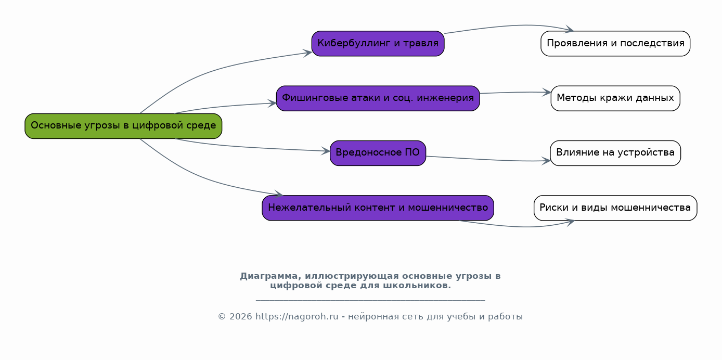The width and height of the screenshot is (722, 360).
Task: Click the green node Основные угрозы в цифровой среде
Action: (123, 126)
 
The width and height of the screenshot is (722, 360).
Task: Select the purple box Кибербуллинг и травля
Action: (378, 43)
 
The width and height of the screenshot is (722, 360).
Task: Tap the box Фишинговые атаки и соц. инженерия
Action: (378, 98)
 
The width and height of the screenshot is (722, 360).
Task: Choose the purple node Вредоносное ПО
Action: (378, 153)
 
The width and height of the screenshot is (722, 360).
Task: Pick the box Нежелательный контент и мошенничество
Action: (378, 208)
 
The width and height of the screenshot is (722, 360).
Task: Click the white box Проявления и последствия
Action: (615, 43)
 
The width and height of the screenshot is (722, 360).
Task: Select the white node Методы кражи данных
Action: (615, 98)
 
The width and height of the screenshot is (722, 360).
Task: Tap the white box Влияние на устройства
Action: (615, 153)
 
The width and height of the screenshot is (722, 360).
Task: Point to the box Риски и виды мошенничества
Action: (615, 208)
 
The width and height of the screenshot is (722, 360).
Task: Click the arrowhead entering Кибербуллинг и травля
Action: (308, 52)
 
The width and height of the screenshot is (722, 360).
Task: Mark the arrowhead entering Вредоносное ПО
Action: (326, 151)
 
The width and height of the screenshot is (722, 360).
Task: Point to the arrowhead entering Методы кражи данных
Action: (547, 93)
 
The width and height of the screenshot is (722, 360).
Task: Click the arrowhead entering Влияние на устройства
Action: (547, 161)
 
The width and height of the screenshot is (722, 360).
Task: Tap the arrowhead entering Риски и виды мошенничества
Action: (571, 222)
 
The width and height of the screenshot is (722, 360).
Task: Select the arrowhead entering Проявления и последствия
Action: (570, 30)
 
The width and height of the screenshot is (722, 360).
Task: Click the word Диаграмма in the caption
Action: (270, 276)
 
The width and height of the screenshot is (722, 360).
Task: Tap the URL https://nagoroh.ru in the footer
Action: (296, 317)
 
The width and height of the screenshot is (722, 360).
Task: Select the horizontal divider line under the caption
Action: (370, 300)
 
